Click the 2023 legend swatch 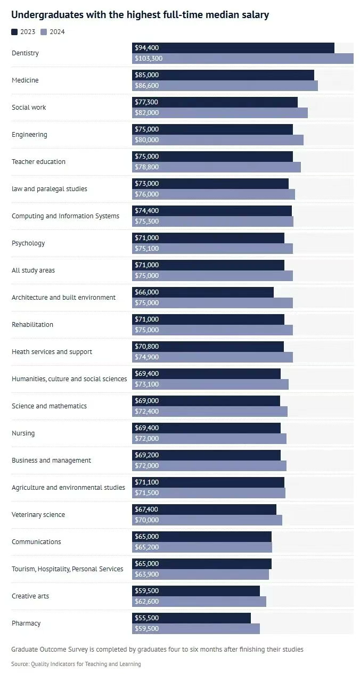click(14, 32)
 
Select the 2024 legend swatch click(44, 32)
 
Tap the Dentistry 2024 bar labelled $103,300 click(242, 59)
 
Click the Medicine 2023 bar click(223, 75)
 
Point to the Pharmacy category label click(26, 623)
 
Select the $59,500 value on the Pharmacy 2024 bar click(146, 629)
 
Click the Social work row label click(29, 107)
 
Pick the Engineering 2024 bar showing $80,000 click(217, 140)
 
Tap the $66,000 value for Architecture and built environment click(146, 292)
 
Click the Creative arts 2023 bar click(195, 591)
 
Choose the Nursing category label click(23, 433)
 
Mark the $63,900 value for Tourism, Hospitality click(146, 574)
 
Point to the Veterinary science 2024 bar click(207, 520)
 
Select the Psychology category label click(28, 243)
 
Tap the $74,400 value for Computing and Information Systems click(146, 211)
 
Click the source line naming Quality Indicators click(76, 664)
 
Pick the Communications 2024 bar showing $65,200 click(201, 547)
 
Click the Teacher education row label click(38, 161)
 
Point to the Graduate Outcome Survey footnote click(157, 649)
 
